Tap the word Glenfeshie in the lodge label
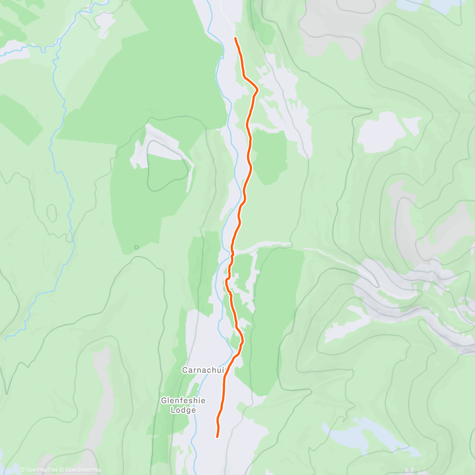(183, 401)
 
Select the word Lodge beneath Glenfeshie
(183, 410)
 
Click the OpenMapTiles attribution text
(41, 470)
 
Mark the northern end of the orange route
(236, 38)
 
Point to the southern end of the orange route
(217, 437)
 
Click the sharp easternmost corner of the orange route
(258, 90)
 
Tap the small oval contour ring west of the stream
(52, 213)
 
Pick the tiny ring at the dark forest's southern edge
(137, 247)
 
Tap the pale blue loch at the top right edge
(420, 5)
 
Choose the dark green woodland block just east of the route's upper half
(269, 156)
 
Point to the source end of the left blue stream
(6, 339)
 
